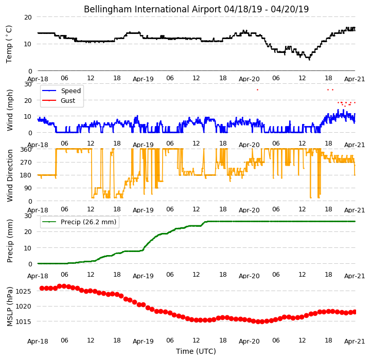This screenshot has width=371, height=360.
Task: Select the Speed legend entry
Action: pyautogui.click(x=70, y=91)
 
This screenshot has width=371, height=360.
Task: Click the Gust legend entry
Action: pyautogui.click(x=68, y=101)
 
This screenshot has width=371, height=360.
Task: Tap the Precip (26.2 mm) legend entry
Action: pyautogui.click(x=89, y=222)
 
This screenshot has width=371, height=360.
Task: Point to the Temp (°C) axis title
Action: pyautogui.click(x=9, y=44)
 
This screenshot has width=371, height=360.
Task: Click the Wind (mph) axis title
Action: pyautogui.click(x=9, y=110)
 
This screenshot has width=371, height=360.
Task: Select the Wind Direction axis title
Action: pyautogui.click(x=9, y=176)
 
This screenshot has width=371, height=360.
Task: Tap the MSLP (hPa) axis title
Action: pyautogui.click(x=9, y=307)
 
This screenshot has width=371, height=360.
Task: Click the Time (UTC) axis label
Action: pyautogui.click(x=196, y=351)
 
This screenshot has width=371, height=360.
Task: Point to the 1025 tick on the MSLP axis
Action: pyautogui.click(x=23, y=291)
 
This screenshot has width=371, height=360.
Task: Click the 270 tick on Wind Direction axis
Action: pyautogui.click(x=26, y=163)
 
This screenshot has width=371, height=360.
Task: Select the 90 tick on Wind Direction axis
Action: pyautogui.click(x=28, y=188)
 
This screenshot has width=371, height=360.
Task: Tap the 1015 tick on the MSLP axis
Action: pyautogui.click(x=23, y=322)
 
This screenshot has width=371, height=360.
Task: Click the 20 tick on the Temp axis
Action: pyautogui.click(x=28, y=17)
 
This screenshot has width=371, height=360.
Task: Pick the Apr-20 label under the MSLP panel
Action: pyautogui.click(x=249, y=341)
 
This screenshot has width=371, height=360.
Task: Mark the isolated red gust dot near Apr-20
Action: pyautogui.click(x=257, y=90)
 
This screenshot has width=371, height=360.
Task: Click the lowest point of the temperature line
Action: pyautogui.click(x=309, y=60)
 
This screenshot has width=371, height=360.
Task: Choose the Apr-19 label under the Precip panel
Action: pyautogui.click(x=143, y=276)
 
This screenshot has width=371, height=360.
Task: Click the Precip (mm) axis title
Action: pyautogui.click(x=9, y=241)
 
